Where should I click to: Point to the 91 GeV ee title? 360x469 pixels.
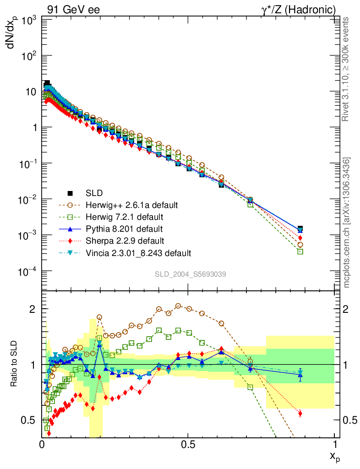(x=73, y=10)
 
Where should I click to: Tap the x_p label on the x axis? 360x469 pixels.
(x=333, y=456)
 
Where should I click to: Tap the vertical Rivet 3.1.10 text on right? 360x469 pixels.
(x=346, y=69)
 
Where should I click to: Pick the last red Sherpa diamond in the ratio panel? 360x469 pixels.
(x=300, y=414)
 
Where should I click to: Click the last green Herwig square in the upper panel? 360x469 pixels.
(x=300, y=251)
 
